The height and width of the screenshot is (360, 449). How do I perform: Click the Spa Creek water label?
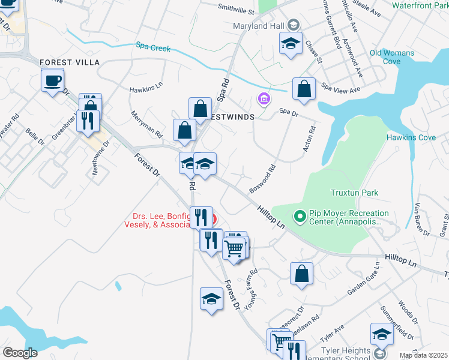click(153, 47)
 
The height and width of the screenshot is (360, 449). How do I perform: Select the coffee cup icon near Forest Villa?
click(52, 80)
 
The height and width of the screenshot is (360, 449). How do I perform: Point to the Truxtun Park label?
click(355, 193)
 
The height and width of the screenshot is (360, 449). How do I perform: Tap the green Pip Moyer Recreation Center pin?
click(299, 215)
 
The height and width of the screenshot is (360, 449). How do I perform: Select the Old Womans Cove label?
click(392, 57)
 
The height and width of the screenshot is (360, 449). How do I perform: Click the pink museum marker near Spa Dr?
click(264, 98)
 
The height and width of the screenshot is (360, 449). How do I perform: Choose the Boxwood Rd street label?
click(262, 178)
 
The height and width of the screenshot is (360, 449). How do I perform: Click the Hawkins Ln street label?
click(146, 88)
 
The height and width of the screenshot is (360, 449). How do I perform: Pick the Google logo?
click(20, 352)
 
